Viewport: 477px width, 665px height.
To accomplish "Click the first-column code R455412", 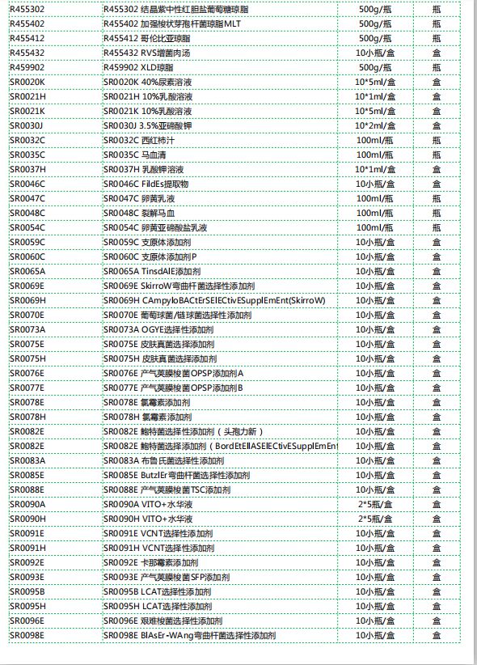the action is pyautogui.click(x=27, y=38).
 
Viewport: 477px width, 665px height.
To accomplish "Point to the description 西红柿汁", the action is pyautogui.click(x=140, y=140).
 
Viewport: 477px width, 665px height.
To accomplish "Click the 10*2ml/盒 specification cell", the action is pyautogui.click(x=374, y=125).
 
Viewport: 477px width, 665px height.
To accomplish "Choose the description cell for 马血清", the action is pyautogui.click(x=139, y=155).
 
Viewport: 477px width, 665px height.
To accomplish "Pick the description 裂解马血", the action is pyautogui.click(x=139, y=213).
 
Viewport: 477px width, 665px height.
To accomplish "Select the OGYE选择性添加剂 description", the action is pyautogui.click(x=158, y=329).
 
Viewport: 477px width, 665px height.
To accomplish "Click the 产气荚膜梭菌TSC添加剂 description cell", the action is pyautogui.click(x=167, y=489).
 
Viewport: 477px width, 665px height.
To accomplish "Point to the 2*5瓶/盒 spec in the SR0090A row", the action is pyautogui.click(x=374, y=504).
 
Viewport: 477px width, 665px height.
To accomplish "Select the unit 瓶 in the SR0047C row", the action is pyautogui.click(x=437, y=198).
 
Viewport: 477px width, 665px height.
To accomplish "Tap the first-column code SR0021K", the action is pyautogui.click(x=27, y=111).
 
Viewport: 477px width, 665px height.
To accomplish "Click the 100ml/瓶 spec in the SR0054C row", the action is pyautogui.click(x=374, y=227).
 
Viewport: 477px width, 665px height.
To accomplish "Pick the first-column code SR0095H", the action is pyautogui.click(x=27, y=606).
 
